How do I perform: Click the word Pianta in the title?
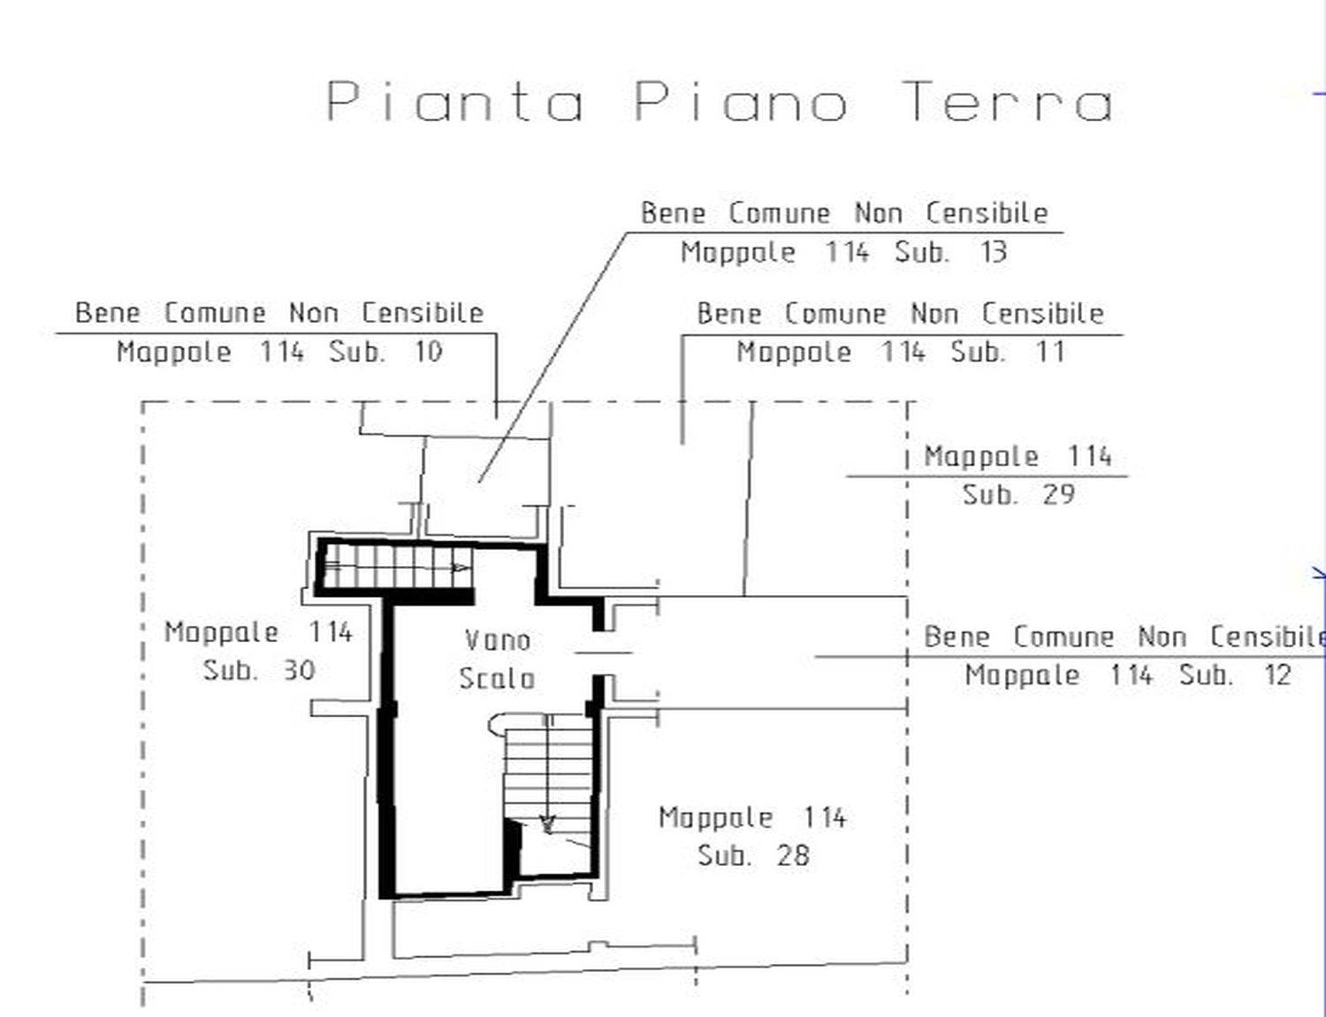[x=454, y=102]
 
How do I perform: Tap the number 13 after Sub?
[x=994, y=252]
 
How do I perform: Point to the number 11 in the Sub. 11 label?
[x=1051, y=352]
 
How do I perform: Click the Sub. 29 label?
[x=1018, y=494]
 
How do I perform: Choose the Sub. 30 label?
[x=259, y=670]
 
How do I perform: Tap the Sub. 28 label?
[x=753, y=855]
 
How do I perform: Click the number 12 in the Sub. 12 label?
[x=1277, y=675]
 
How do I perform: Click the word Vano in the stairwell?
[x=498, y=640]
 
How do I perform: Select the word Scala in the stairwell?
[x=497, y=678]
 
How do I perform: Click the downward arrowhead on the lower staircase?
[x=548, y=825]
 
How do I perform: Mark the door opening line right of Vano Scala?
[x=604, y=653]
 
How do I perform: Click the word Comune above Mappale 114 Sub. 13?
[x=780, y=214]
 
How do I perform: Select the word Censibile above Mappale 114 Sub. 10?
[x=423, y=313]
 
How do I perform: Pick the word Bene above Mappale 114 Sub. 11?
[x=729, y=314]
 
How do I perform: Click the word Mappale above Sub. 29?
[x=980, y=456]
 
